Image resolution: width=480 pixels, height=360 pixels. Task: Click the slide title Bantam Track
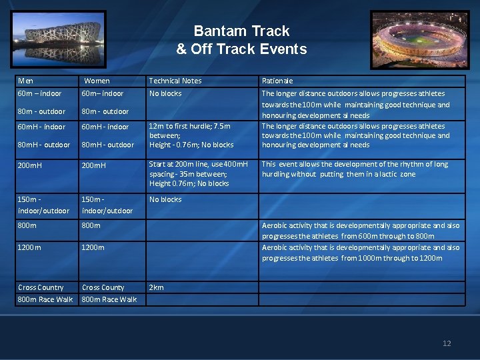pos(241,31)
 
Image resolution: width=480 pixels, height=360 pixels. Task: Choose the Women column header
pos(97,81)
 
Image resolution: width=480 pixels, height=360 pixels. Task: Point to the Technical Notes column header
pos(175,81)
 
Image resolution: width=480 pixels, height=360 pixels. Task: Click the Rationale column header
pos(277,81)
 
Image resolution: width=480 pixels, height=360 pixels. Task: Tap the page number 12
pos(447,343)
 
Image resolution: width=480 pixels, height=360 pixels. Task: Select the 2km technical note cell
pos(156,287)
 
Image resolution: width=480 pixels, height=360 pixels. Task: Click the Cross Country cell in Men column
pos(41,287)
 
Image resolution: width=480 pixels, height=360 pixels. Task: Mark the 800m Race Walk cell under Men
pos(45,299)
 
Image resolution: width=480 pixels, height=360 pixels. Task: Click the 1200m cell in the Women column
pos(93,247)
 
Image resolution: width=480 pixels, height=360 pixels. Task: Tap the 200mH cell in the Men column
pos(29,165)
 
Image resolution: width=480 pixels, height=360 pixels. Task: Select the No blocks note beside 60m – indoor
pos(165,93)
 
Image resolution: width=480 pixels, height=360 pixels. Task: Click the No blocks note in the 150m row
pos(165,199)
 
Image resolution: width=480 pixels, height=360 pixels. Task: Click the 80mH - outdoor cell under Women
pos(107,145)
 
